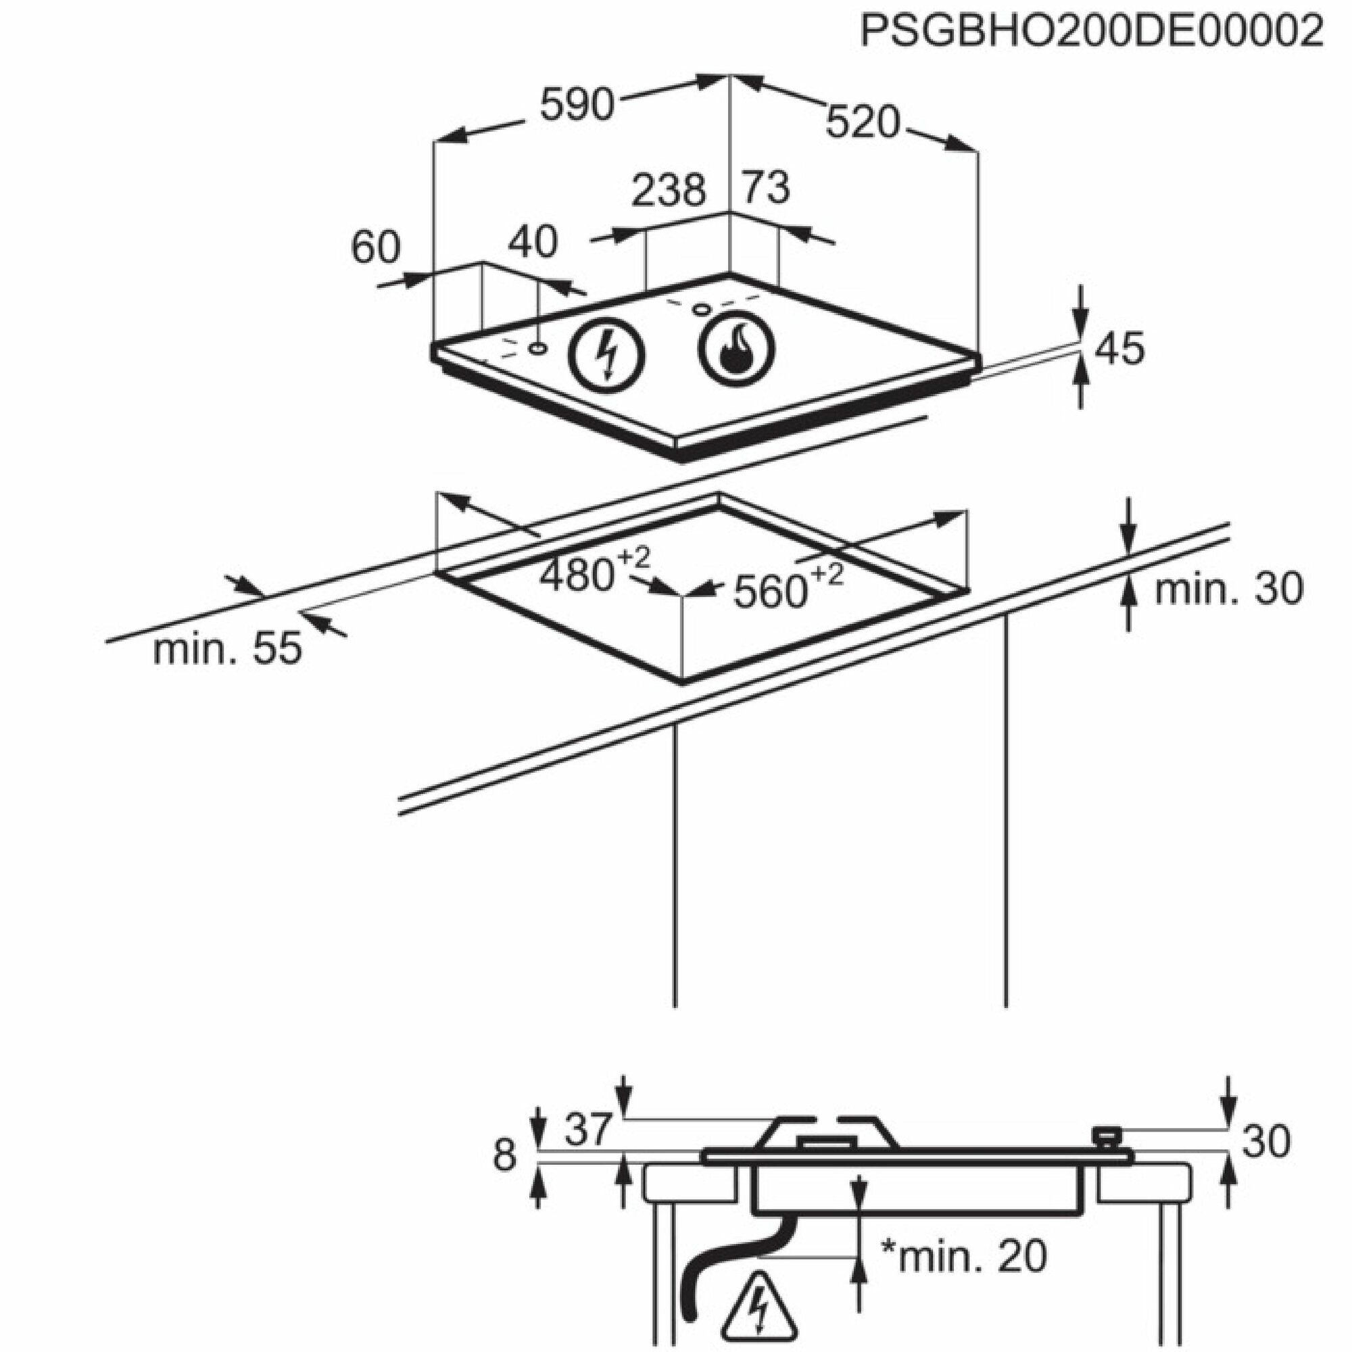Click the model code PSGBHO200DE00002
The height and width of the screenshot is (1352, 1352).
1092,31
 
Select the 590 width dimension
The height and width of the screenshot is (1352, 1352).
577,105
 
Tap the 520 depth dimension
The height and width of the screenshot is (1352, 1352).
862,122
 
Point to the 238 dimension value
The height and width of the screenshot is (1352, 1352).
669,190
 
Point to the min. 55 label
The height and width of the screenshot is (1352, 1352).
227,649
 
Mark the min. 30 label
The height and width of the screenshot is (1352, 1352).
1228,589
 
